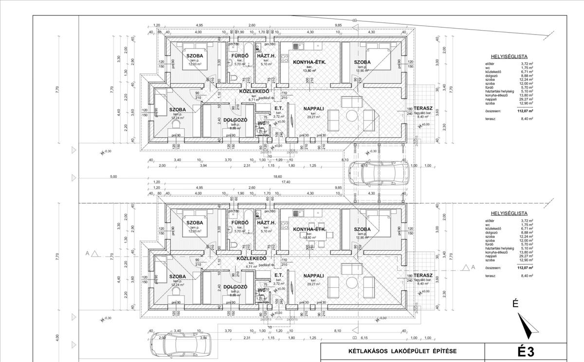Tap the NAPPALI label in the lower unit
coord(314,276)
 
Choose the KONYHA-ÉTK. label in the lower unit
coord(309,229)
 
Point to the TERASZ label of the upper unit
coord(421,109)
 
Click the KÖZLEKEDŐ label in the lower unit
coord(251,259)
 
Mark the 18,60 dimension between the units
coord(278,176)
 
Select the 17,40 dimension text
coord(278,182)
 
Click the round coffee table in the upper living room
coord(352,116)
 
